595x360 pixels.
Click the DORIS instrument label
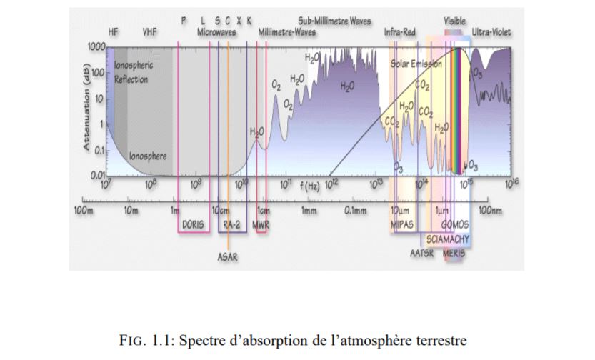192,224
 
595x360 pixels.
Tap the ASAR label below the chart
228,257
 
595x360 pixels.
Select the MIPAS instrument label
402,224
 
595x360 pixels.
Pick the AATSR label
422,254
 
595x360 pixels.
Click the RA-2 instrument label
231,224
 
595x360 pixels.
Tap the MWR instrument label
261,224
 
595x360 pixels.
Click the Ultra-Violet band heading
491,33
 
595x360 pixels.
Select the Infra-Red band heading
401,33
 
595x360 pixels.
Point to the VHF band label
149,33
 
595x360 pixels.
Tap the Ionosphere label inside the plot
148,156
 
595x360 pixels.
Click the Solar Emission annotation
416,64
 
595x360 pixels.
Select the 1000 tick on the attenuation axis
96,46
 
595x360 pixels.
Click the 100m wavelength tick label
84,211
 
